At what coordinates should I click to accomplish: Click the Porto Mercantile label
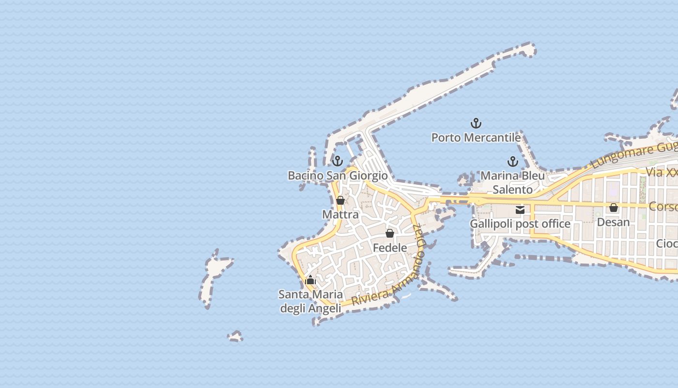click(476, 138)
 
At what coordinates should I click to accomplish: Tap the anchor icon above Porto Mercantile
click(476, 123)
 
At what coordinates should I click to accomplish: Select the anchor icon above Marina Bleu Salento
click(513, 162)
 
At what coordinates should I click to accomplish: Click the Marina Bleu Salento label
click(513, 182)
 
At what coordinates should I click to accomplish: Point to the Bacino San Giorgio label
click(338, 176)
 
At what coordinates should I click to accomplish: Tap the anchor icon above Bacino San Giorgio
click(338, 161)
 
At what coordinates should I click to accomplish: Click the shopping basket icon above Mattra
click(340, 200)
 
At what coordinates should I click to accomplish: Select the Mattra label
click(340, 214)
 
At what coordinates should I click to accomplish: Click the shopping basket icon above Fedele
click(390, 234)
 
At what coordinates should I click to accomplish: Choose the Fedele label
click(390, 248)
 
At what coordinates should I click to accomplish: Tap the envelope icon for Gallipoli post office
click(520, 210)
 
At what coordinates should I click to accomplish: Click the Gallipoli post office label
click(520, 224)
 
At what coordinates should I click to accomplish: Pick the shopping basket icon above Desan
click(614, 208)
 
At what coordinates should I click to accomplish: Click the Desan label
click(614, 222)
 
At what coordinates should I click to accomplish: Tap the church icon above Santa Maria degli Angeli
click(310, 280)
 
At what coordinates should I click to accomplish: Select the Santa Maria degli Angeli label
click(310, 301)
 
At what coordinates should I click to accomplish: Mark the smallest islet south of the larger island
click(235, 336)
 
